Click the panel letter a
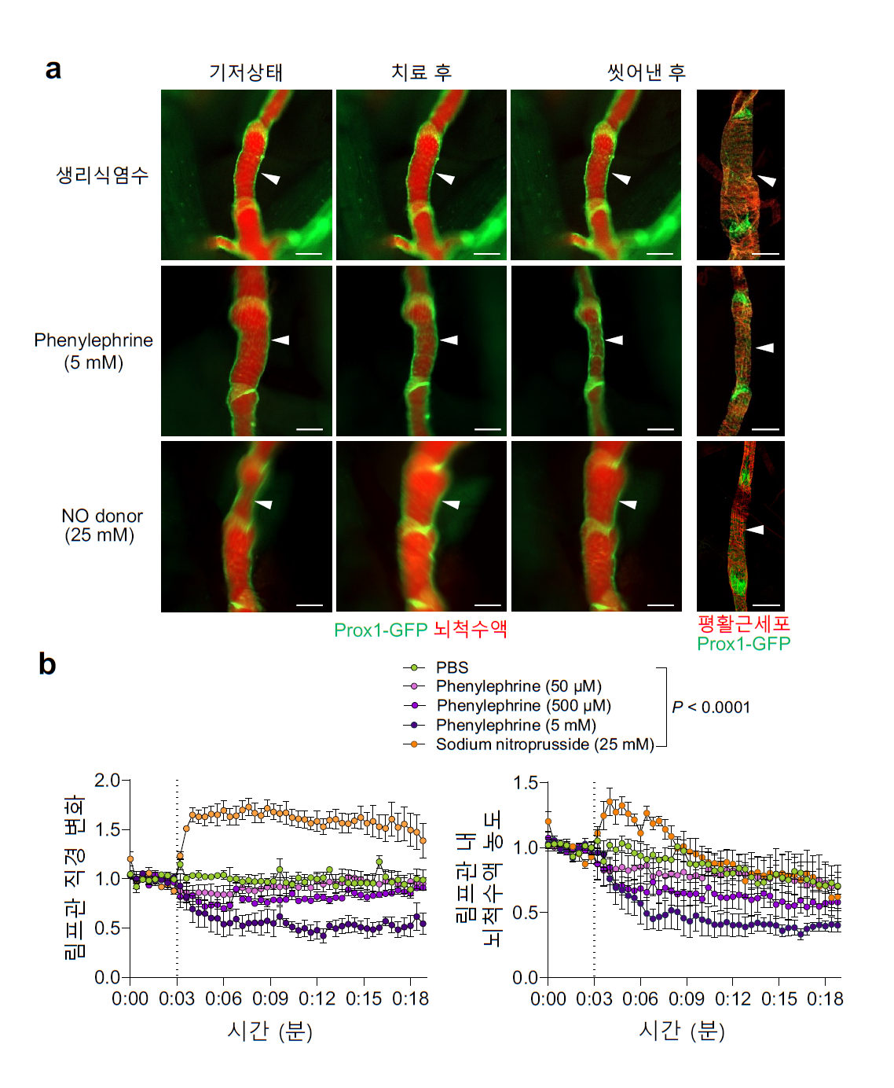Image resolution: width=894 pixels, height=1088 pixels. (53, 69)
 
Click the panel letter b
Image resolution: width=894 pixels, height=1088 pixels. (47, 664)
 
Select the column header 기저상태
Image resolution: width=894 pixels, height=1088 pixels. (246, 73)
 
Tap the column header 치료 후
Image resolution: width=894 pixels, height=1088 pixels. (421, 73)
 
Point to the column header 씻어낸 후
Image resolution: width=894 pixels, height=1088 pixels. (647, 73)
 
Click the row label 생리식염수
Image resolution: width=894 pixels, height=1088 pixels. (102, 175)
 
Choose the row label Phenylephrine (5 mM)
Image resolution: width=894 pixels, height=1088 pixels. (93, 351)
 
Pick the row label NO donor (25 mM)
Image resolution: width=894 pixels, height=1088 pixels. (101, 525)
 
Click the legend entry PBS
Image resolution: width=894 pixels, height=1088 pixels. (452, 667)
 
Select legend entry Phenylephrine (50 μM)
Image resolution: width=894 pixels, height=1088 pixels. (518, 686)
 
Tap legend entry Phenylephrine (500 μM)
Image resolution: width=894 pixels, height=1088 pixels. (523, 705)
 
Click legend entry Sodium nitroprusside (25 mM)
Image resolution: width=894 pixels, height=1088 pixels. (544, 744)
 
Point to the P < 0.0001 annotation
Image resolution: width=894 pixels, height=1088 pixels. (711, 708)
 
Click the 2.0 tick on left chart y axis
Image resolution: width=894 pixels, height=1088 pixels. (107, 780)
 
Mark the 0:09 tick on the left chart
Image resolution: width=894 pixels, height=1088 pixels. (270, 998)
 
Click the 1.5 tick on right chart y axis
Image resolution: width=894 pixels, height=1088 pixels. (525, 783)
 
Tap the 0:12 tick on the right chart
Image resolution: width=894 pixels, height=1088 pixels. (733, 998)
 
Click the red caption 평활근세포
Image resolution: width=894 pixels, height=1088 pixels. (743, 624)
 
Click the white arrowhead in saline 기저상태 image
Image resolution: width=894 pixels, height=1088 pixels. (270, 178)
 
